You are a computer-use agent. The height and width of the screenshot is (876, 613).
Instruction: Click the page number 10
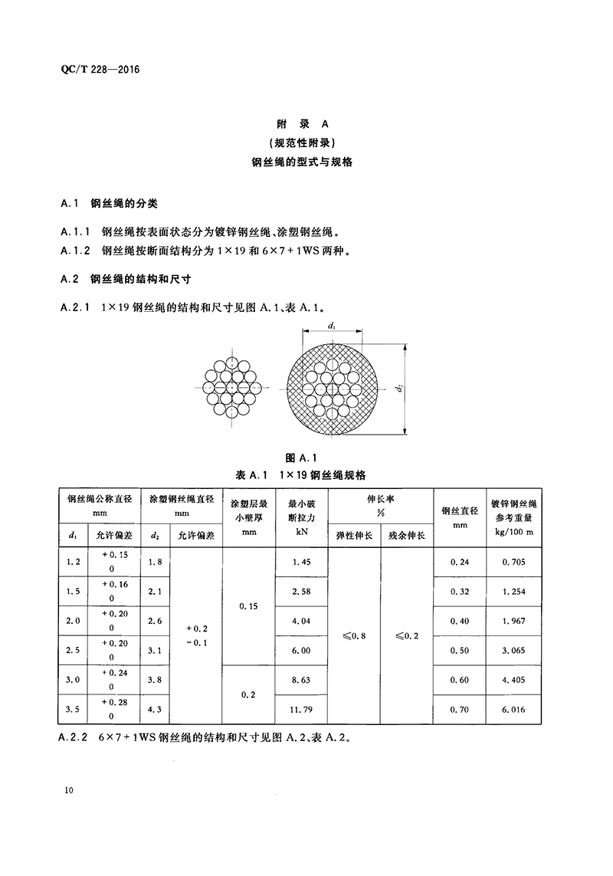69,790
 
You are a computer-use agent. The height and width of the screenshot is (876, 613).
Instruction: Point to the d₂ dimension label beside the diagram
399,389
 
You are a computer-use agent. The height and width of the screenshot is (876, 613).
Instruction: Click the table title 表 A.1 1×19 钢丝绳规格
306,475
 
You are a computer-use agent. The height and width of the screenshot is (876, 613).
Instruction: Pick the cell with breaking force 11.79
301,710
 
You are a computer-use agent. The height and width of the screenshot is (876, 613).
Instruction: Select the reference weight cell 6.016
514,710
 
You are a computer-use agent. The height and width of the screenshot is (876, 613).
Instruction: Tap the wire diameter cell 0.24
461,562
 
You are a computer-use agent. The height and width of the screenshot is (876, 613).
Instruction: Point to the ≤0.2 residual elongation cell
407,636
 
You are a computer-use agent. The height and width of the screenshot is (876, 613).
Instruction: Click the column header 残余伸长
407,534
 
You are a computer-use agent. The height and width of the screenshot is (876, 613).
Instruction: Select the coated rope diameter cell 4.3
155,710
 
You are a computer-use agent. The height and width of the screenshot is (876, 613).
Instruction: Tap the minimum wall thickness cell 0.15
248,606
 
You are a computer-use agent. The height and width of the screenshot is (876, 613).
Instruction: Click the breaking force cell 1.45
301,562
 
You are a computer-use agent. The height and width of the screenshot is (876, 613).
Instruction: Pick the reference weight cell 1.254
514,592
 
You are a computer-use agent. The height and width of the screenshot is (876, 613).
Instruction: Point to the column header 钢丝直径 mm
461,517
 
